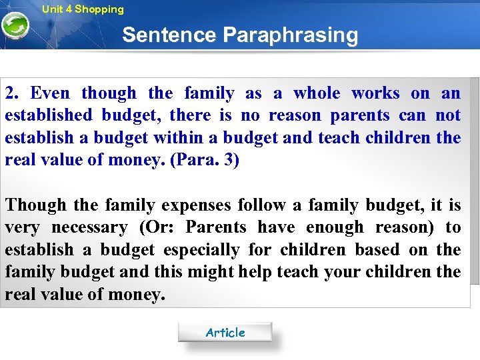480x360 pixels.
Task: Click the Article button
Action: coord(225,332)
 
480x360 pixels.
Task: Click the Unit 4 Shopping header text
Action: coord(83,9)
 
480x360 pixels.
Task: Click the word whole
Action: coord(317,93)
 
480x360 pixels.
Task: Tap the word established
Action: coord(48,115)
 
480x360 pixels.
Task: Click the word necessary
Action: coord(89,227)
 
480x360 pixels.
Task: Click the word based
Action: coord(377,249)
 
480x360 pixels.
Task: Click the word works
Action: coord(375,93)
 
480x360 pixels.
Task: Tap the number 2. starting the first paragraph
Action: coord(12,93)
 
